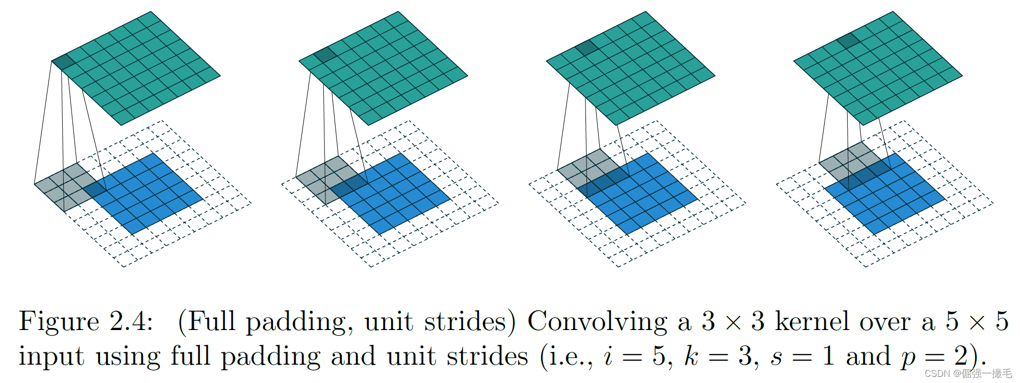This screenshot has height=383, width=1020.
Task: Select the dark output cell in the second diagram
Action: pos(325,55)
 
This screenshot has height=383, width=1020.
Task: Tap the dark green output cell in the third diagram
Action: pos(586,48)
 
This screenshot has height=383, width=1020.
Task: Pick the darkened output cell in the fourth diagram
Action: pos(847,41)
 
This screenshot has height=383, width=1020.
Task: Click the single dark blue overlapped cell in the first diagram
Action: pos(95,189)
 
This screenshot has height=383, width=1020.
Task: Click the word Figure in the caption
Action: pos(59,322)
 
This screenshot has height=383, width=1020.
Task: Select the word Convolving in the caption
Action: pos(597,322)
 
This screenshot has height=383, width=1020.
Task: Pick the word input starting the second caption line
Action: pos(51,356)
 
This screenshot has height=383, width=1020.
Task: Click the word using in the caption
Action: pos(127,356)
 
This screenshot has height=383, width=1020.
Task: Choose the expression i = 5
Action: pos(635,356)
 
